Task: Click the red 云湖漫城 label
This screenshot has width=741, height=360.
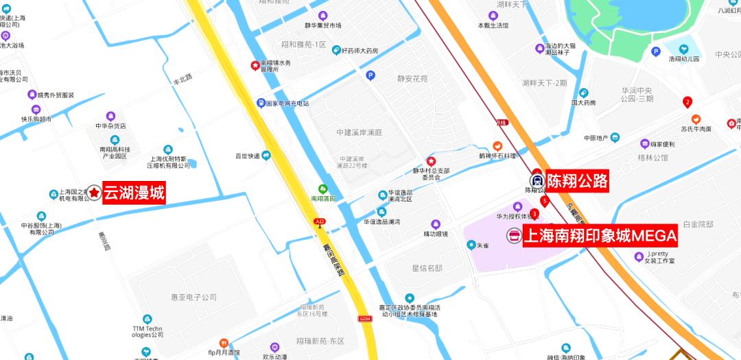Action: [x=134, y=193]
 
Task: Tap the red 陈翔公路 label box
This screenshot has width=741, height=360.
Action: [x=577, y=181]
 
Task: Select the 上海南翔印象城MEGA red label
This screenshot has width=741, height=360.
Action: [x=600, y=236]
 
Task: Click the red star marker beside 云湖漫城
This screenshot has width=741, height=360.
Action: [x=93, y=194]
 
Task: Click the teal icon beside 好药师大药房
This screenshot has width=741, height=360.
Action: [x=336, y=50]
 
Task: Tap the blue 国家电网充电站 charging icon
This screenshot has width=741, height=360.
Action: [x=261, y=103]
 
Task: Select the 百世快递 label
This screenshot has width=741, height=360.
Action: [x=247, y=156]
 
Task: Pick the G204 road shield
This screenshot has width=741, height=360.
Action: [x=364, y=318]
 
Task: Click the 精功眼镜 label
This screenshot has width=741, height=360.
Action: [x=435, y=233]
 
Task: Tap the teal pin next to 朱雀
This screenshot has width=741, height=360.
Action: [x=471, y=244]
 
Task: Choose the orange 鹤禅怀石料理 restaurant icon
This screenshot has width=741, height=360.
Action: [x=497, y=146]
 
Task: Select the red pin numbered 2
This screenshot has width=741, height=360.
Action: [x=687, y=103]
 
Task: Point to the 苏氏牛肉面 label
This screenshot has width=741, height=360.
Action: [x=696, y=128]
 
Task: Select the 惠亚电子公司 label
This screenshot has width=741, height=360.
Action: [x=193, y=297]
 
